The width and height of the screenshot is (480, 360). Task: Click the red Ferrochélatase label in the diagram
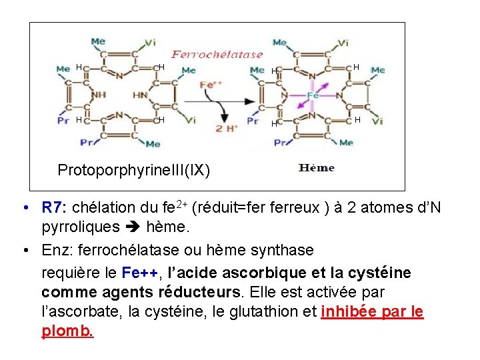(217, 54)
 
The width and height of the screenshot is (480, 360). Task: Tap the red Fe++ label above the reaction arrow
(211, 85)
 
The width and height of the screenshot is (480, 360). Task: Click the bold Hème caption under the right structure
(316, 168)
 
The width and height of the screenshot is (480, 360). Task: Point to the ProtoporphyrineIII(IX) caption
(133, 170)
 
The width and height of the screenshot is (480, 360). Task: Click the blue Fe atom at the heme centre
(313, 95)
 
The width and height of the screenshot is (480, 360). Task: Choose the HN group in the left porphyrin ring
(140, 95)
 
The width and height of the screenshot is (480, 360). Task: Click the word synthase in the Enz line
(279, 250)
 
